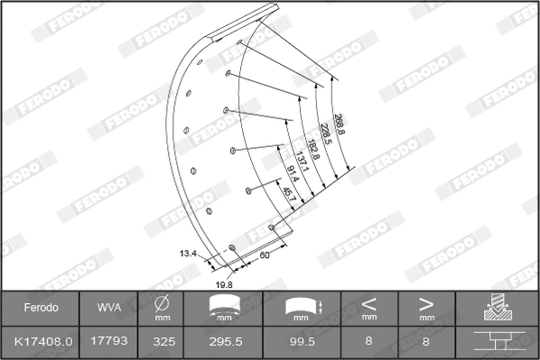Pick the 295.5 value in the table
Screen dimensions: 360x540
point(225,343)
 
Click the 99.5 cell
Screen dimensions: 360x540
point(303,343)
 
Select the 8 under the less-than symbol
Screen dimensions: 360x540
point(368,343)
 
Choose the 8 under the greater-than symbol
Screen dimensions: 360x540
point(426,343)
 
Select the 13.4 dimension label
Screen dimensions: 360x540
point(188,254)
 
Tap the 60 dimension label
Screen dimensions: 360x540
point(265,256)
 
